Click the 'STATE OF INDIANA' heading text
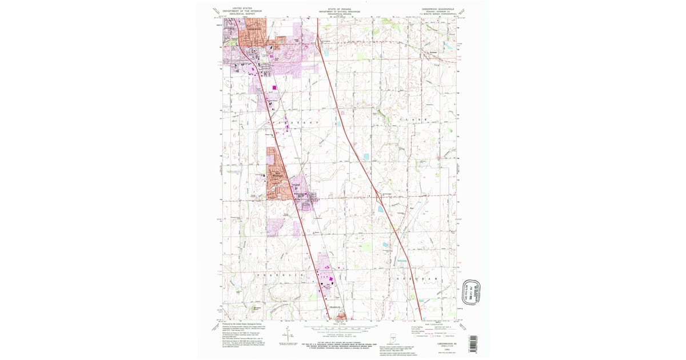(x=340, y=10)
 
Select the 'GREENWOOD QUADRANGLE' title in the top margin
(x=436, y=10)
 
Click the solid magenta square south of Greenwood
(x=274, y=87)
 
